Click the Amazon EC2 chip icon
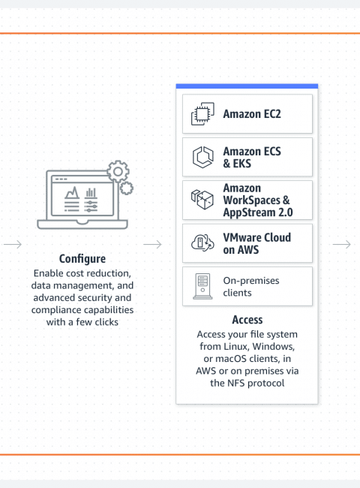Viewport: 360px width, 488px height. point(202,114)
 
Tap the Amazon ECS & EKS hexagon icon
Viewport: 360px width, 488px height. point(203,157)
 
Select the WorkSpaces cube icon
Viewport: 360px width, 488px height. point(202,200)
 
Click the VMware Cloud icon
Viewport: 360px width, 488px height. point(202,243)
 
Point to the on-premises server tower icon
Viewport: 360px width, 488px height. point(202,286)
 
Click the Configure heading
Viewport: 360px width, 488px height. point(82,259)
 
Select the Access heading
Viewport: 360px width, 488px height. point(247,320)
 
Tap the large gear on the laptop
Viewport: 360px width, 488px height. point(118,171)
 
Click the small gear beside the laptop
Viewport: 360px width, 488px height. point(127,188)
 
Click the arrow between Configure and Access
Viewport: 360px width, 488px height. point(152,244)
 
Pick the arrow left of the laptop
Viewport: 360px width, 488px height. point(13,244)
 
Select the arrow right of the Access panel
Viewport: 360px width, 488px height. point(342,244)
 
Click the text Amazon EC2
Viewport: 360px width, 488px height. point(252,114)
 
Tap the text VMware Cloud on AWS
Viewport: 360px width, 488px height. point(257,243)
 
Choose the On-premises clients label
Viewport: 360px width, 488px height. point(251,287)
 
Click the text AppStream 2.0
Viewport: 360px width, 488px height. point(258,212)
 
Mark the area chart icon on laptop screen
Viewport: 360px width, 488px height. point(72,193)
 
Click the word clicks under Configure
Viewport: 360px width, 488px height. point(106,322)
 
